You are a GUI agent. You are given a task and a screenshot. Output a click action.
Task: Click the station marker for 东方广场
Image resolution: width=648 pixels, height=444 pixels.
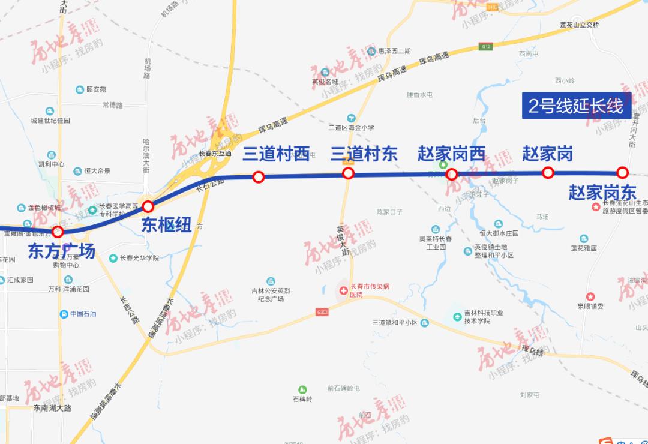[x=58, y=232]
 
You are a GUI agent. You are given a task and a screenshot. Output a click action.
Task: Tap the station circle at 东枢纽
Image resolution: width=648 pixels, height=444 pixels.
[x=148, y=207]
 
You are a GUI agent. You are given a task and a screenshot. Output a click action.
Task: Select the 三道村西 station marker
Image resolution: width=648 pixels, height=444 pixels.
[x=259, y=177]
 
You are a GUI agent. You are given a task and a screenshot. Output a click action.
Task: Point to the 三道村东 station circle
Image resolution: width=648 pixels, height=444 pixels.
[x=348, y=174]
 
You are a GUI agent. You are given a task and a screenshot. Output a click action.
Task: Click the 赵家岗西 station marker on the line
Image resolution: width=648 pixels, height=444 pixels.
[x=452, y=175]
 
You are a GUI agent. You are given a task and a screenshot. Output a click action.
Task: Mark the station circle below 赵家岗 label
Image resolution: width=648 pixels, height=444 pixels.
[x=548, y=173]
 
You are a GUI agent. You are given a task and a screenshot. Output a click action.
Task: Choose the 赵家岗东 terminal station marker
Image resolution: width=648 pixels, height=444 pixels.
[x=623, y=173]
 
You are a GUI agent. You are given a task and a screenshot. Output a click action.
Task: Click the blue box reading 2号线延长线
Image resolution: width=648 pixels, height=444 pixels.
[x=576, y=106]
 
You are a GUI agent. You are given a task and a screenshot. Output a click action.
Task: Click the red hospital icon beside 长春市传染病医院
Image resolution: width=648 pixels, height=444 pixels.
[x=343, y=290]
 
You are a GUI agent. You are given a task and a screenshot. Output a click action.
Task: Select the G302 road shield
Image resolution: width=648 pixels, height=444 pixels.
[x=322, y=312]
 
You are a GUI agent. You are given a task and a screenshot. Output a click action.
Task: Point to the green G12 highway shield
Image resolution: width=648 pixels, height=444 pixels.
[x=485, y=46]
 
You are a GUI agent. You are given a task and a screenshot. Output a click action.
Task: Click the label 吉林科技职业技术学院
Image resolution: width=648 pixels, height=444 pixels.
[x=483, y=317]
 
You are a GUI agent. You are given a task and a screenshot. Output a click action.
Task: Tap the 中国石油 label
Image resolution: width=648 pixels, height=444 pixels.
[x=83, y=314]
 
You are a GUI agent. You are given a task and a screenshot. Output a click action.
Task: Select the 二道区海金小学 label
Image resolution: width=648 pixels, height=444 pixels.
[x=351, y=127]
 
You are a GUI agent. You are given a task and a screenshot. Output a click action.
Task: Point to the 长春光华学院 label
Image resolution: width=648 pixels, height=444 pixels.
[x=138, y=258]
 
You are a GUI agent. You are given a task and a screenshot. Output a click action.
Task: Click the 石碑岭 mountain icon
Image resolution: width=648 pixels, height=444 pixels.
[x=302, y=389]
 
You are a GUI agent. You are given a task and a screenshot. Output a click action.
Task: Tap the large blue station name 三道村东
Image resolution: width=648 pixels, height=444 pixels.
[x=364, y=154]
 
